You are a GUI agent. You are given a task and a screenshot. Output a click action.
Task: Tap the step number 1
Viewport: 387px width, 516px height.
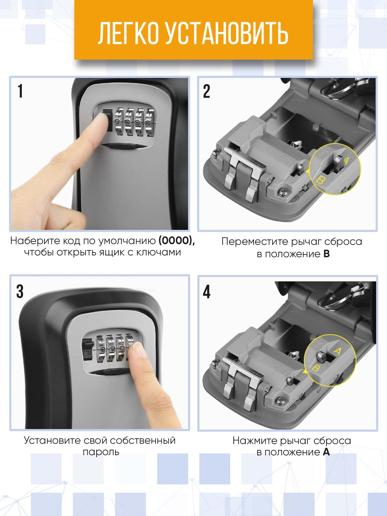[x=20, y=91]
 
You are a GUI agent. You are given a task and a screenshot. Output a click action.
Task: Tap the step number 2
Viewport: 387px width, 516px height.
[x=207, y=91]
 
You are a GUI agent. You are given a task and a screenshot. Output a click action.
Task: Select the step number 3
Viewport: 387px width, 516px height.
[x=20, y=292]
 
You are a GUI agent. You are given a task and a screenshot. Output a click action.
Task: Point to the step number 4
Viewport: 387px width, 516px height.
[x=207, y=292]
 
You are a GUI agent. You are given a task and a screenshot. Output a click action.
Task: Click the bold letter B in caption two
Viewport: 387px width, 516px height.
[x=326, y=254]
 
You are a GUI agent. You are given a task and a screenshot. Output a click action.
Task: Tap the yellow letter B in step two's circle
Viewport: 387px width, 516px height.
[x=320, y=180]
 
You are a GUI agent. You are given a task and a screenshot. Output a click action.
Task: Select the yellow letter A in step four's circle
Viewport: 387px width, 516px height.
[x=338, y=351]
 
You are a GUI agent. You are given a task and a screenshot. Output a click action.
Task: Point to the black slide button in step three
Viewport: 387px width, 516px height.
[x=87, y=350]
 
